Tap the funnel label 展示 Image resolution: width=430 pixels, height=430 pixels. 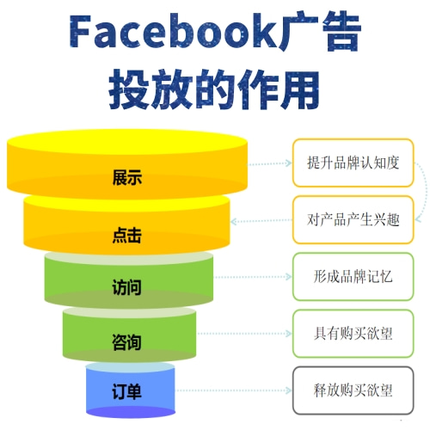127,177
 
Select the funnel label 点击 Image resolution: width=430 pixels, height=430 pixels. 127,235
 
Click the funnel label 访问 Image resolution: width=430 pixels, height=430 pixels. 126,287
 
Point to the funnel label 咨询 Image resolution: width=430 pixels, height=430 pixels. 126,341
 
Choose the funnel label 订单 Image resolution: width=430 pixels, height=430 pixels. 126,391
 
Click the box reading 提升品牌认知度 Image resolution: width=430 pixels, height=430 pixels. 353,163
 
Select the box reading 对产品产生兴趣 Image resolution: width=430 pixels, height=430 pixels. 353,220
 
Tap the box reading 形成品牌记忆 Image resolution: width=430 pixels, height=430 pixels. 353,277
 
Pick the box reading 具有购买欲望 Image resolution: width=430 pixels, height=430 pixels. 353,334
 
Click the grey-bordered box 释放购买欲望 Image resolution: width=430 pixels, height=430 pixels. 353,390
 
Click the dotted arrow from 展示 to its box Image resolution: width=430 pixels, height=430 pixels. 269,163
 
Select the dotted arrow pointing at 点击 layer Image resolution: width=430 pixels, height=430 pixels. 261,221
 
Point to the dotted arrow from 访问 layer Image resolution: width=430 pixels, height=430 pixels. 253,277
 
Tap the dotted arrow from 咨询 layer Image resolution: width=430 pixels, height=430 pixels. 244,334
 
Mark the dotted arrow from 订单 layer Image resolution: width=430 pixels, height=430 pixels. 233,390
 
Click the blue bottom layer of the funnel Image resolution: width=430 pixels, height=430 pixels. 131,390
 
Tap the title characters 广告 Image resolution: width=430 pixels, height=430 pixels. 320,31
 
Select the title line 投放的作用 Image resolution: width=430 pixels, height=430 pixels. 214,89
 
